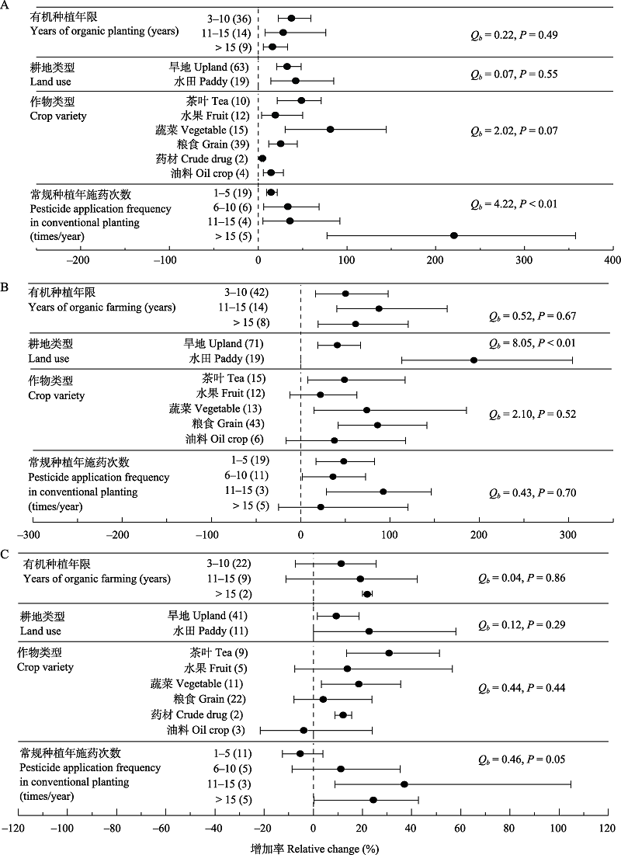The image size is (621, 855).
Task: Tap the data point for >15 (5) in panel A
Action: pos(453,235)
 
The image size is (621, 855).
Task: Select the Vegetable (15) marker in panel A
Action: pos(330,129)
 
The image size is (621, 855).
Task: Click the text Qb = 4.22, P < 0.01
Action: pos(514,204)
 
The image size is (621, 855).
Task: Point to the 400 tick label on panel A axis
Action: pos(612,260)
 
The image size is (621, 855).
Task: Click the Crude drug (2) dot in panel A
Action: pos(262,158)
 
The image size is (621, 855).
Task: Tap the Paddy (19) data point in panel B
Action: pos(474,360)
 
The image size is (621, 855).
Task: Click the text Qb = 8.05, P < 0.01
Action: pos(533,343)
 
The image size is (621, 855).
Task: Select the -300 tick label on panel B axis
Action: pos(29,535)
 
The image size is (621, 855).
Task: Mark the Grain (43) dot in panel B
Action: pos(377,425)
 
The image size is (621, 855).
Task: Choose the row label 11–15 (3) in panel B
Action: pos(246,491)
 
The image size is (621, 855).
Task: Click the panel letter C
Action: pos(5,554)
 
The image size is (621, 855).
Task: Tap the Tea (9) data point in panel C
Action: pos(389,652)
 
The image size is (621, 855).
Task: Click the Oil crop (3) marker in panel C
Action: pos(304,730)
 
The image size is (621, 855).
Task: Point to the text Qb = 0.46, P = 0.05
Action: pos(522,759)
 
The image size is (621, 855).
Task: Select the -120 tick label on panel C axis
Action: pos(13,829)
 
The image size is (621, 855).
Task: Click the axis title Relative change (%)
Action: pos(333,849)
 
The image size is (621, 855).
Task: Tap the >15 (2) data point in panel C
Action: pos(367,594)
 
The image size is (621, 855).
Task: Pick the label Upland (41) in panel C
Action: pos(207,616)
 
